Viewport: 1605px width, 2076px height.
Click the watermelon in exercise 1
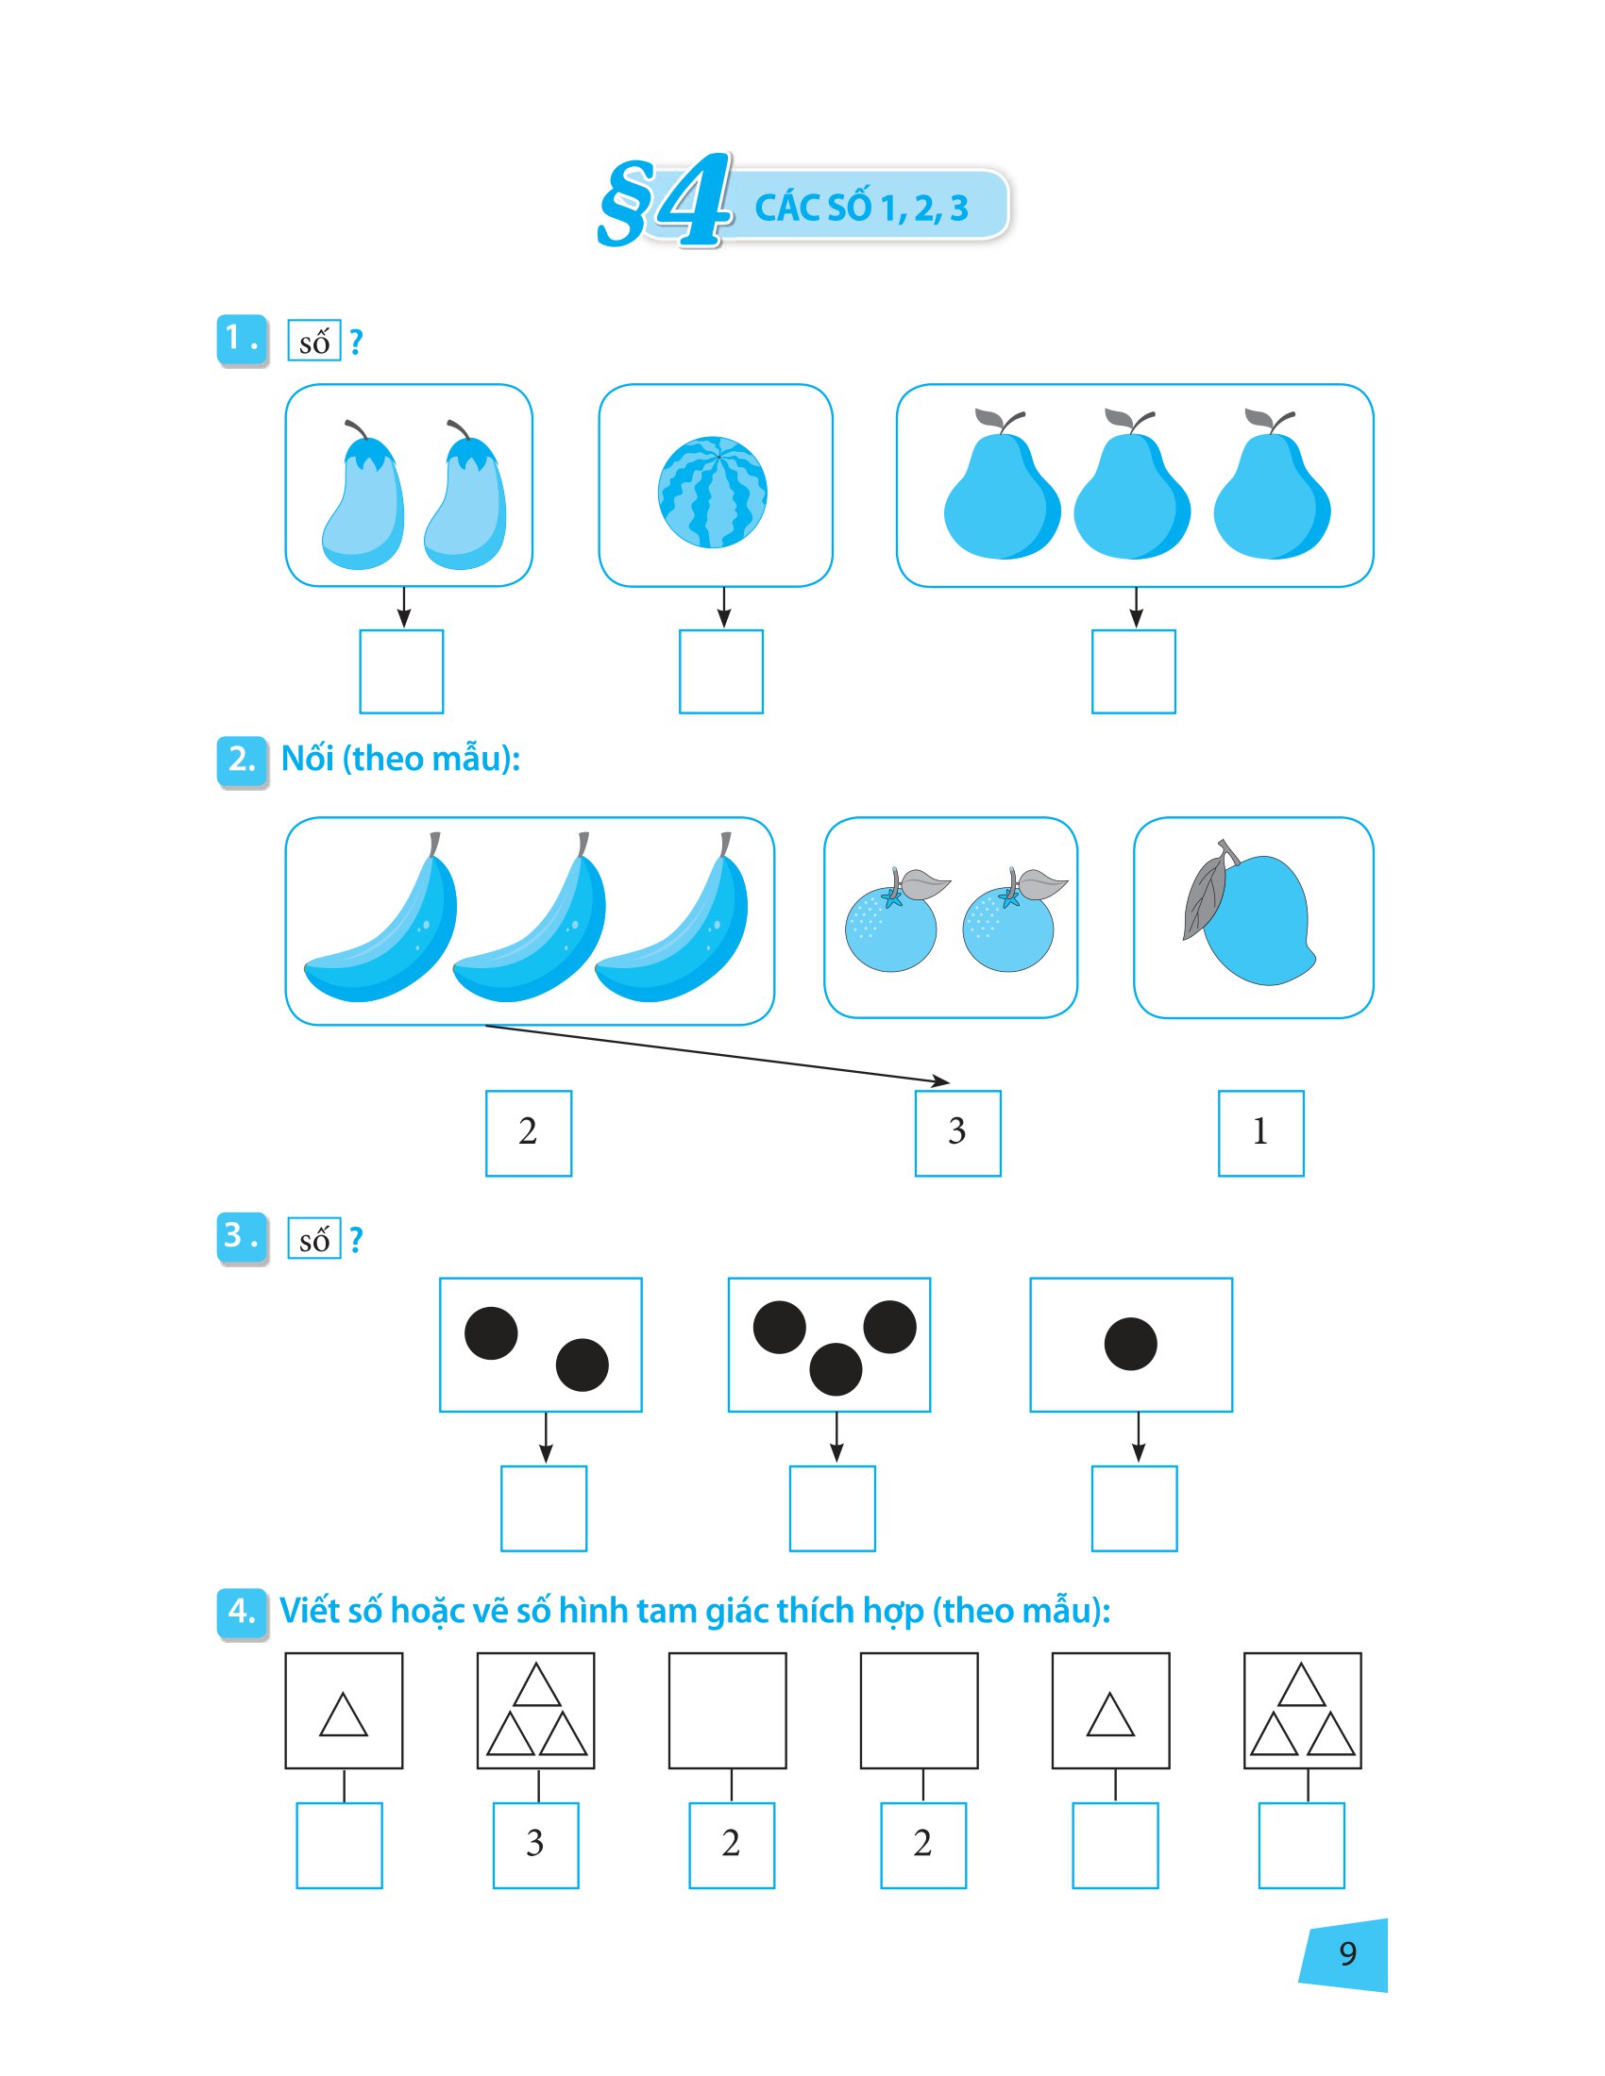[x=712, y=492]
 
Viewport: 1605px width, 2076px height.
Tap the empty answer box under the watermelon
[x=720, y=671]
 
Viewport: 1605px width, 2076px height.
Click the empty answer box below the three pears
[x=1133, y=671]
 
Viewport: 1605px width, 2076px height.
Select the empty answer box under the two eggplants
[x=401, y=671]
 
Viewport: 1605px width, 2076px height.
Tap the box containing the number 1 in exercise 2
[x=1260, y=1133]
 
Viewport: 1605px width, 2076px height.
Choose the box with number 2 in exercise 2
[x=529, y=1133]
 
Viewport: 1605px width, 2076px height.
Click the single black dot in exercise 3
[x=1130, y=1343]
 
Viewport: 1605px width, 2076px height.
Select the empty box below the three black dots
[x=832, y=1509]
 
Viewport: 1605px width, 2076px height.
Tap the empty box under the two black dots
[x=544, y=1509]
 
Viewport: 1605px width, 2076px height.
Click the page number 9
[x=1347, y=1953]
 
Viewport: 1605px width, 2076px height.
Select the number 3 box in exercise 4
[x=535, y=1845]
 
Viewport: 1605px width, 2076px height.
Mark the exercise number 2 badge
[x=243, y=761]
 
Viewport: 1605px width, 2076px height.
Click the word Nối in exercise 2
[x=308, y=758]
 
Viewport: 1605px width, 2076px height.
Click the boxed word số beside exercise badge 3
[x=313, y=1239]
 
